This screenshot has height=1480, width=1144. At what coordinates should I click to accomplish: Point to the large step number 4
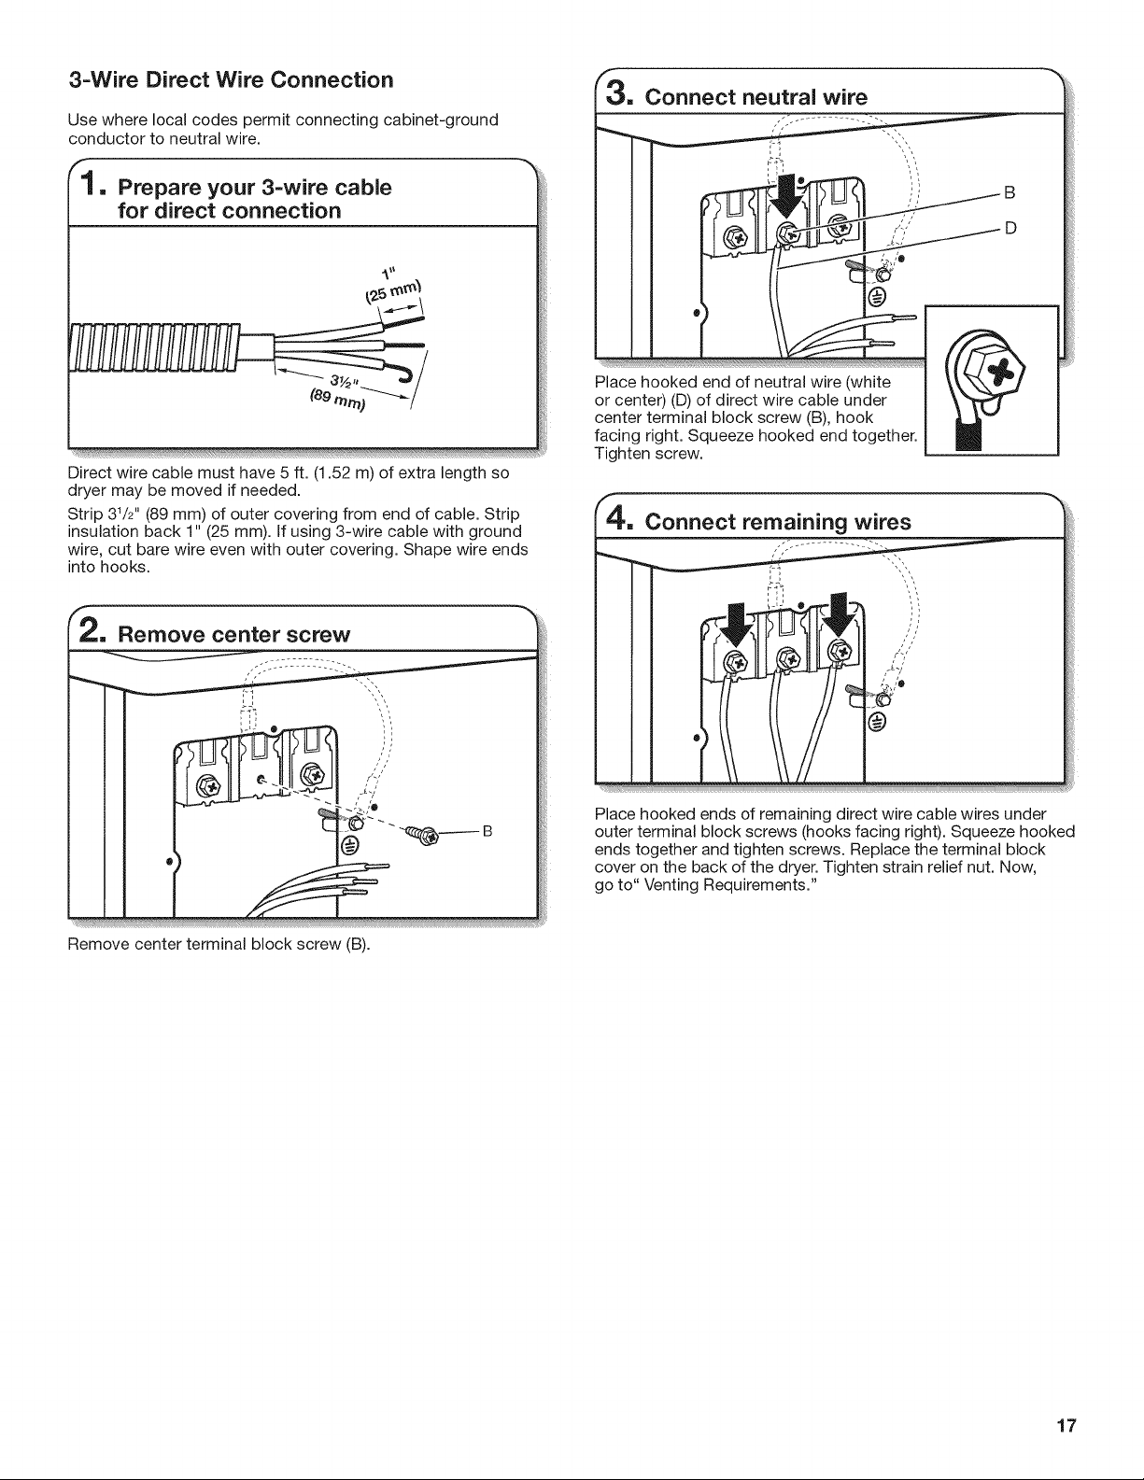tap(619, 519)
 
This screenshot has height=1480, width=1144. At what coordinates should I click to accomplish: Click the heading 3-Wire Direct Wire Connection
tap(231, 79)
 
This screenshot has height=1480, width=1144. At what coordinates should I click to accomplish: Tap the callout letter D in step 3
tap(1010, 228)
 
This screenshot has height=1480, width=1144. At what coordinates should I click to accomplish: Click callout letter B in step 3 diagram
tap(1010, 192)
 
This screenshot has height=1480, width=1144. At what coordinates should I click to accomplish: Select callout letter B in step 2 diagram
tap(487, 831)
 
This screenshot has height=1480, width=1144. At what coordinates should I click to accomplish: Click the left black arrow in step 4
tap(737, 623)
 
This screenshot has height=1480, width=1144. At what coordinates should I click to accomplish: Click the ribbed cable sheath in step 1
tap(155, 347)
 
